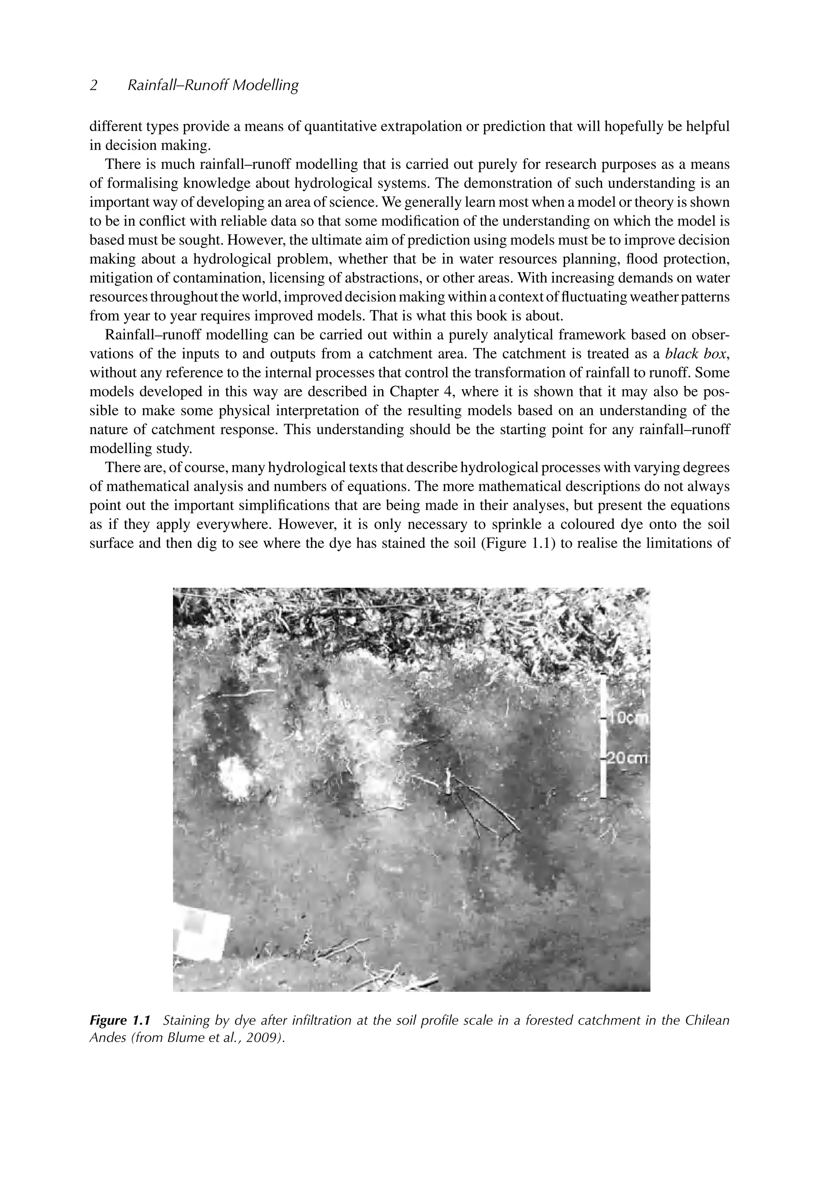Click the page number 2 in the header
(93, 85)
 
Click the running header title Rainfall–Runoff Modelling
(213, 85)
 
